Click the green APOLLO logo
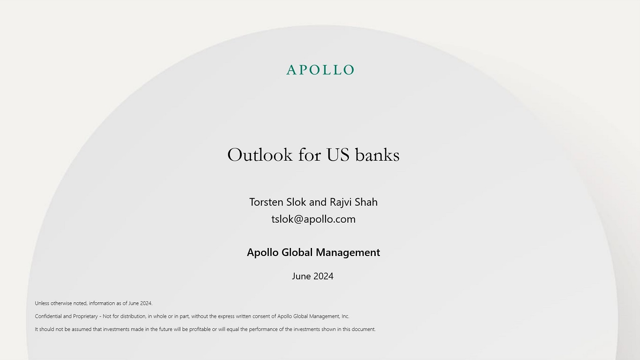(320, 70)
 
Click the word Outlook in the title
(260, 155)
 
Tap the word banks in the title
(377, 155)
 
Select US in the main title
(338, 155)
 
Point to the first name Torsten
(266, 202)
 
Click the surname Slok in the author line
(296, 202)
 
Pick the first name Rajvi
(341, 202)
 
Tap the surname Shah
(366, 202)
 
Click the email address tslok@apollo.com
(313, 219)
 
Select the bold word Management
(348, 253)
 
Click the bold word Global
(297, 253)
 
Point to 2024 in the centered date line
(323, 276)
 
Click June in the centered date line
(301, 276)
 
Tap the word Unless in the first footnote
(42, 303)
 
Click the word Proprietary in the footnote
(85, 316)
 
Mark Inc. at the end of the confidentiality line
(345, 316)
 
